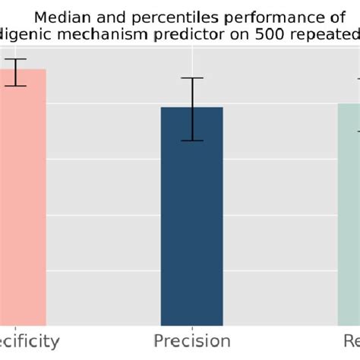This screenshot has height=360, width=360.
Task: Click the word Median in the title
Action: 69,17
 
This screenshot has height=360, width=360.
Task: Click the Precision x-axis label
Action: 192,340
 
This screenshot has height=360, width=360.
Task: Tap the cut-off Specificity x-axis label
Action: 29,340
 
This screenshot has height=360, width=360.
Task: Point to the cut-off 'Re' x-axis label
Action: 350,340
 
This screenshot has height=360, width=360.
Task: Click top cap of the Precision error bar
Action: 192,78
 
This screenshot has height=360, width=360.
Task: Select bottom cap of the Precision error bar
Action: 192,141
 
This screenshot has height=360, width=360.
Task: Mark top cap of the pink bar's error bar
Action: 14,59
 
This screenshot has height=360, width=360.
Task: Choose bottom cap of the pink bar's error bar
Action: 14,86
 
